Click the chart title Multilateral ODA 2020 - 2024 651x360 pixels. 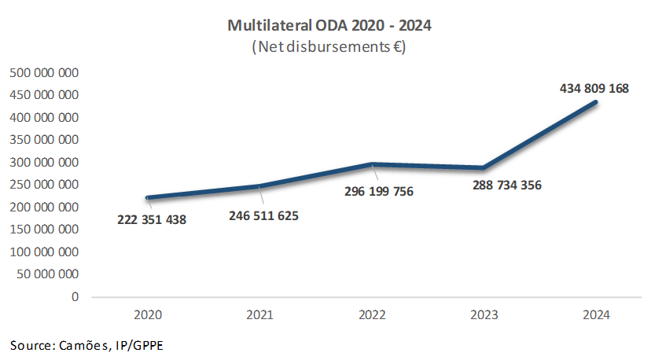(329, 26)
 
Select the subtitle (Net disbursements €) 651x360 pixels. (329, 47)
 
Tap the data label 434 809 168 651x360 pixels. (594, 89)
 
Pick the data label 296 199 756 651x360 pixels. (379, 191)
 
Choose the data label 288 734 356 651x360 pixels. (507, 186)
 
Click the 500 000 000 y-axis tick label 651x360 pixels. (44, 73)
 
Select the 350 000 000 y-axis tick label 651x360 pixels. (44, 140)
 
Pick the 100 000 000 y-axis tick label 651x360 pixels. (44, 252)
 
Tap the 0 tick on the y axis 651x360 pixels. (75, 297)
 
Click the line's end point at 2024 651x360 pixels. (596, 102)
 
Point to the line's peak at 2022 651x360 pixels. (372, 164)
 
